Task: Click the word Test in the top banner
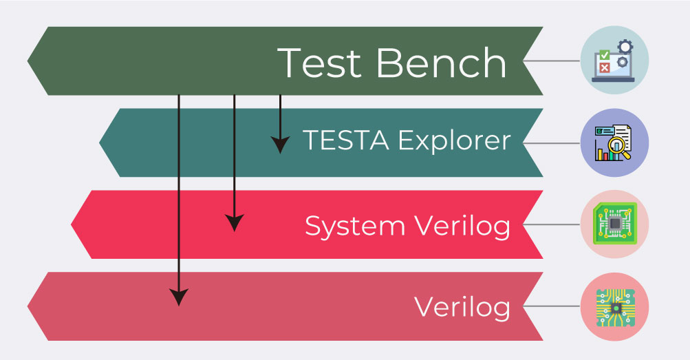[320, 63]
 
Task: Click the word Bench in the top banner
[442, 63]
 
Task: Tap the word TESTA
[346, 140]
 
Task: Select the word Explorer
[455, 141]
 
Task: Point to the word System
[355, 227]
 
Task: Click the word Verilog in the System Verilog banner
[462, 226]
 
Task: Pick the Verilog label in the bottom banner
[462, 307]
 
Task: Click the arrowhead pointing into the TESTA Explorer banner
[280, 145]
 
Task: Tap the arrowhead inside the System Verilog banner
[234, 223]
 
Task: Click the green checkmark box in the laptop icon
[605, 55]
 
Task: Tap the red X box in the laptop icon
[605, 67]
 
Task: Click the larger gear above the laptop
[625, 47]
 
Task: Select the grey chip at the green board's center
[615, 223]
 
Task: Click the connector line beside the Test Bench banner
[552, 61]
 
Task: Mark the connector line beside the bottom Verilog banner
[552, 306]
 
